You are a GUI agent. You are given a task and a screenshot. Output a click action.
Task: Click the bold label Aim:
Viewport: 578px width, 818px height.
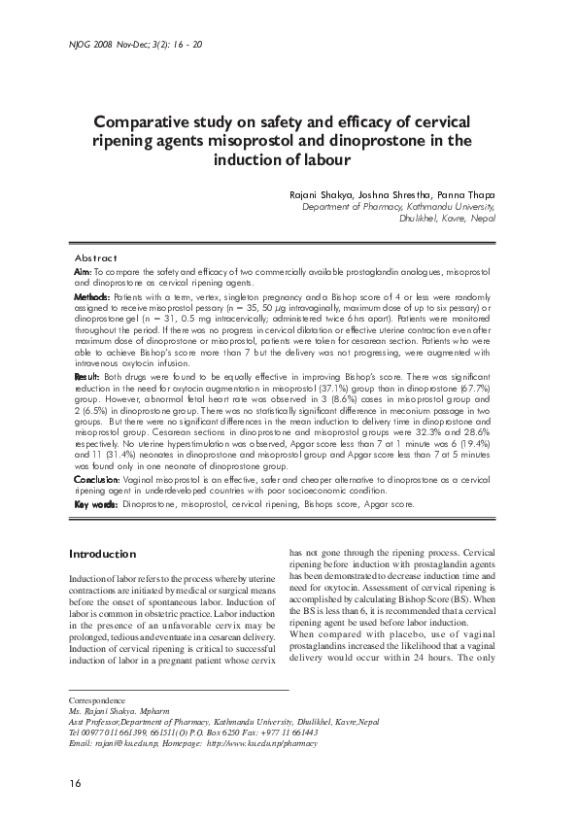[x=84, y=270]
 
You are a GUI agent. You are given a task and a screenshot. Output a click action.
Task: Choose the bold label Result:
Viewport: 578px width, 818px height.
[x=87, y=375]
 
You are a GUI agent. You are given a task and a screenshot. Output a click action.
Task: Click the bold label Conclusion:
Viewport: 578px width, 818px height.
[x=98, y=480]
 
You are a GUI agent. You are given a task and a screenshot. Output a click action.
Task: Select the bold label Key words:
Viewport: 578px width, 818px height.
[x=96, y=505]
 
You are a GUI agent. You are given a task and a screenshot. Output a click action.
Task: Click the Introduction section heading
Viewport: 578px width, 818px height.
[x=102, y=554]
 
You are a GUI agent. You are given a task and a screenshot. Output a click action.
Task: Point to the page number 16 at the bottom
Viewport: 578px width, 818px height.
[x=75, y=783]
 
